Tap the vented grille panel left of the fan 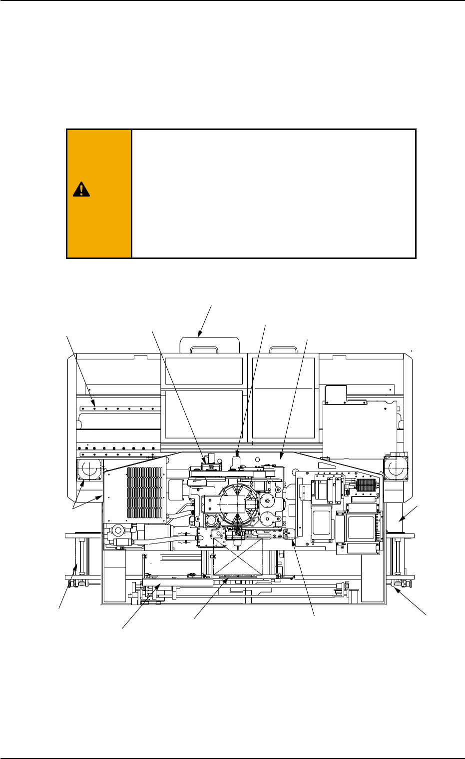[145, 493]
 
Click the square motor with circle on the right [395, 465]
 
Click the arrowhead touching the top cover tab [200, 334]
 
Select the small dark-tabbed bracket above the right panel [335, 394]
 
